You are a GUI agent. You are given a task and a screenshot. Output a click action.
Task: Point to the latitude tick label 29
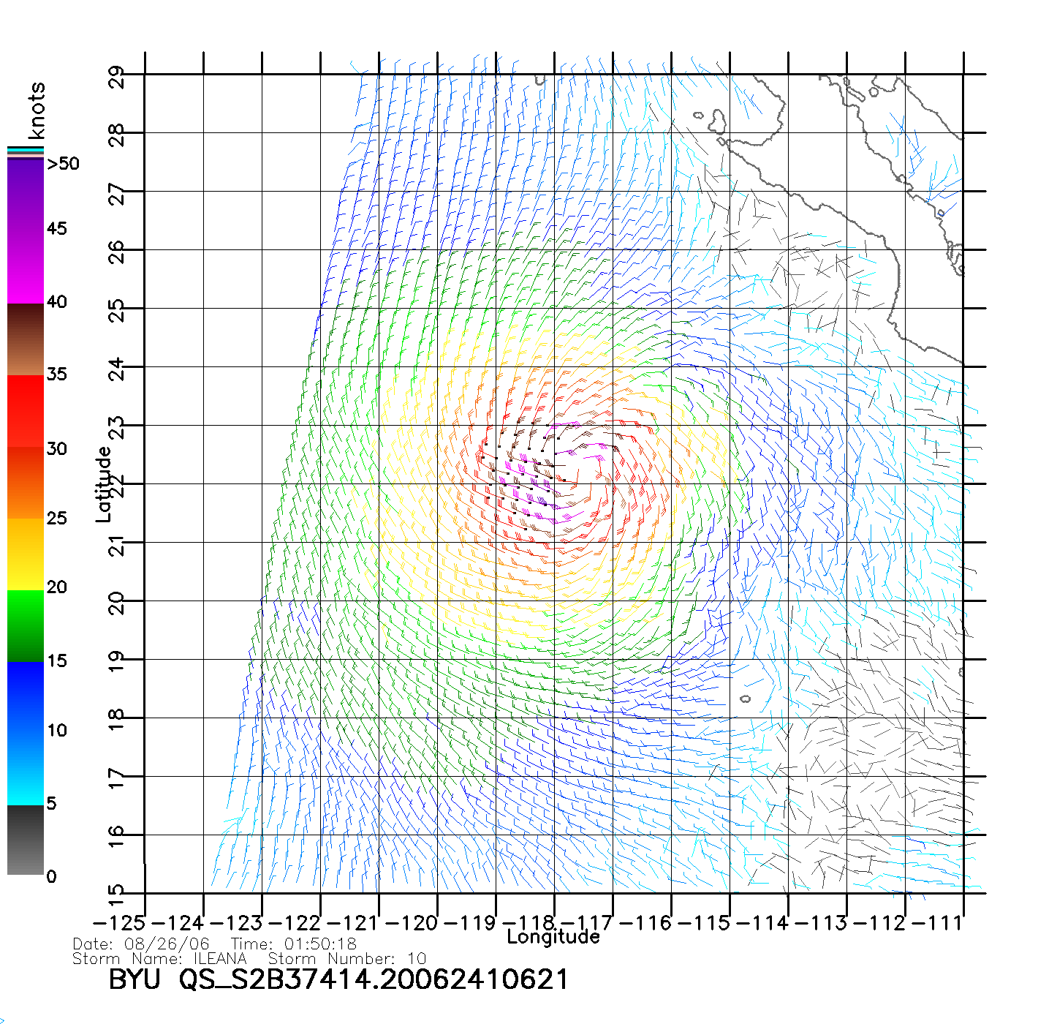coord(116,76)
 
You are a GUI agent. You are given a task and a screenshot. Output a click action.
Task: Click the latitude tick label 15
coord(116,892)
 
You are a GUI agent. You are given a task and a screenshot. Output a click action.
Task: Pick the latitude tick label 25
coord(116,310)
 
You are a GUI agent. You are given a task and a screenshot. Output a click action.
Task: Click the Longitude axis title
coord(553,937)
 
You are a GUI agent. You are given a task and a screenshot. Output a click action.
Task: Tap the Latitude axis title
coord(104,484)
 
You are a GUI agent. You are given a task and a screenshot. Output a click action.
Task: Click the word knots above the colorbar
coord(37,110)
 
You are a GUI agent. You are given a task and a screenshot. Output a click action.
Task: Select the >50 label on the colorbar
coord(63,164)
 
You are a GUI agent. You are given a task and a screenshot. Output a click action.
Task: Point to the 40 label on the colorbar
coord(56,302)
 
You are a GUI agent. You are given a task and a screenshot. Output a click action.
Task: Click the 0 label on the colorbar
coord(51,876)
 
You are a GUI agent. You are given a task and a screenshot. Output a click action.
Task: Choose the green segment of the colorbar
coord(26,625)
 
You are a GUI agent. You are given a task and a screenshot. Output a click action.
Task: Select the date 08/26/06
coord(167,944)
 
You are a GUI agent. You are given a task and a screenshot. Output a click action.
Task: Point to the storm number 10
coord(417,958)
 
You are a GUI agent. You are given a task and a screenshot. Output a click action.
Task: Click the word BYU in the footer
coord(135,979)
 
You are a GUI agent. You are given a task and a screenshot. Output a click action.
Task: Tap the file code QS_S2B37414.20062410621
coord(374,979)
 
